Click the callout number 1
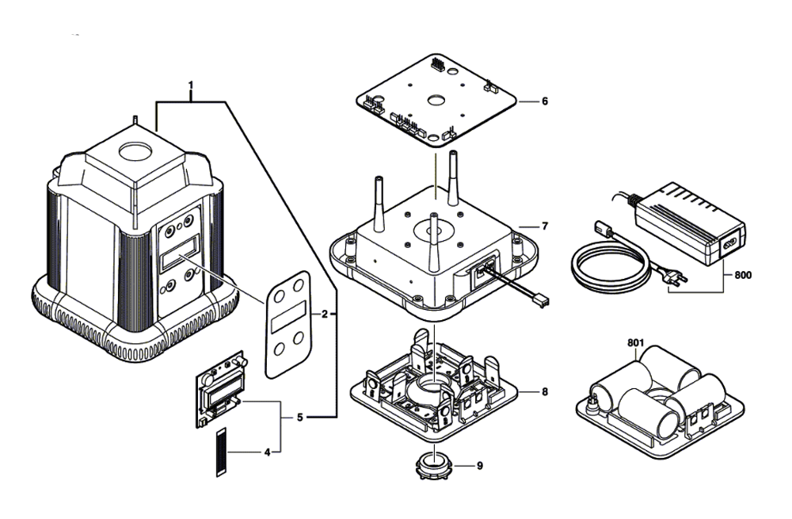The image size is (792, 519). point(190,84)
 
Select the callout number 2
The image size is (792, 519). point(324,314)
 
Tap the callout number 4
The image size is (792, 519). point(267,452)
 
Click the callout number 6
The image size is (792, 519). point(544,101)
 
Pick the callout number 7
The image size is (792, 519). point(544,227)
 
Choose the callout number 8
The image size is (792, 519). point(544,391)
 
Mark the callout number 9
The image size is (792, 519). point(478,466)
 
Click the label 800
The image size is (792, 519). point(743,276)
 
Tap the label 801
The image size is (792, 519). point(634,343)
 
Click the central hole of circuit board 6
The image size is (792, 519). point(435,101)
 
